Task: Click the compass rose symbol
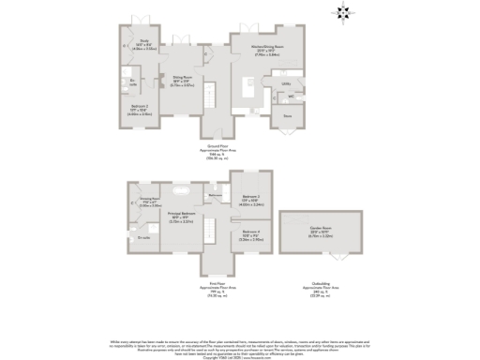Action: pos(340,12)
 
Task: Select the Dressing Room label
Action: pos(150,201)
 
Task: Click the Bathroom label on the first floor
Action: pos(216,194)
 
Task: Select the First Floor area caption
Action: pos(217,284)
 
